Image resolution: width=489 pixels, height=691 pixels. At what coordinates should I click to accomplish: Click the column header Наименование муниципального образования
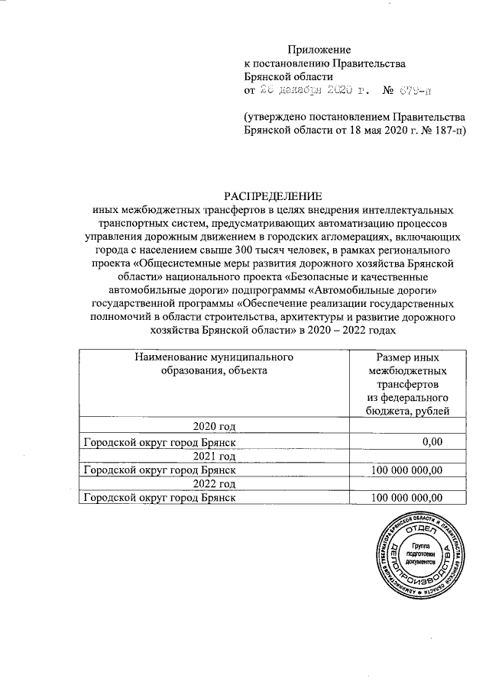coord(214,363)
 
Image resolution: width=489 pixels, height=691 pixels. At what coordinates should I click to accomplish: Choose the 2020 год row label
coord(214,425)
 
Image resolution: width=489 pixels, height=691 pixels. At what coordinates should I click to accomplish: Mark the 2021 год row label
coord(214,456)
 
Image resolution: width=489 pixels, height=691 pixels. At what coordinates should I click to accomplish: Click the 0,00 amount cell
coord(432,441)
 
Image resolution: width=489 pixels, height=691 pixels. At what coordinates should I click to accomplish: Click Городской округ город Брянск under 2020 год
coord(158,441)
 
